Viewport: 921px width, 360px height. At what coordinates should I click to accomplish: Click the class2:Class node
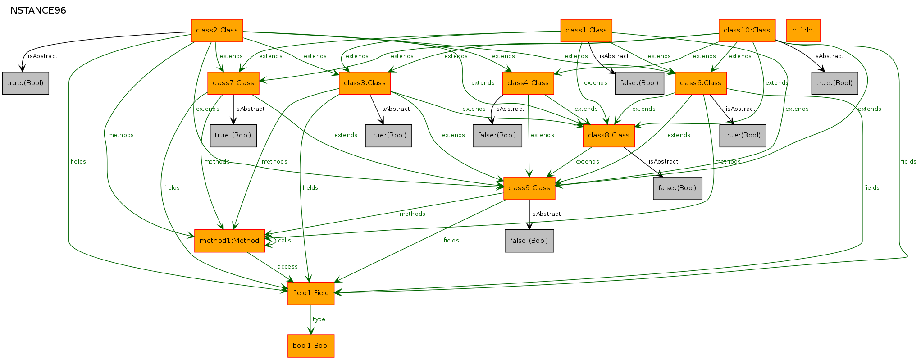217,31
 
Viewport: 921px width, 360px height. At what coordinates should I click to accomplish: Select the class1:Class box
586,31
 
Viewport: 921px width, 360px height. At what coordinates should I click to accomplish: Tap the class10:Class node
747,31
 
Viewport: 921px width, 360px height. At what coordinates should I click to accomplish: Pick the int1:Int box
803,31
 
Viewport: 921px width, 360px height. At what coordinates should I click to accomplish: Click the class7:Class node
233,83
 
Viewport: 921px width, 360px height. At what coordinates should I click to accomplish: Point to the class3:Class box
365,83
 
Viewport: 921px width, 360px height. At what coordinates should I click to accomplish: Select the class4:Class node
528,83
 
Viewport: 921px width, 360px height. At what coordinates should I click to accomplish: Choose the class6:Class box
701,83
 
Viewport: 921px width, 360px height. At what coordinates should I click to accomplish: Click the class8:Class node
609,136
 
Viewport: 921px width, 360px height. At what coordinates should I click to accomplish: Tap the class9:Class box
529,188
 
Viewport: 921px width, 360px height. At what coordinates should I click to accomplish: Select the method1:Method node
229,241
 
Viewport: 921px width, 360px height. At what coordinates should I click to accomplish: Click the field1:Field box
311,293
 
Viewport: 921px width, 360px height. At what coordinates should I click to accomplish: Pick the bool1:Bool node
311,346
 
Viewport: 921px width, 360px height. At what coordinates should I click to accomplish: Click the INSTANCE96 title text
37,10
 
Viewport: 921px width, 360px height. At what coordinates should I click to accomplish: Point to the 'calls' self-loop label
284,241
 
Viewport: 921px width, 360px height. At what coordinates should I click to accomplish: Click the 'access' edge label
287,267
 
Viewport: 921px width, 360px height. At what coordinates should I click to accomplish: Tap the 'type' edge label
319,319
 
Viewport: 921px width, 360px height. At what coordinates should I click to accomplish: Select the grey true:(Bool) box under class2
26,83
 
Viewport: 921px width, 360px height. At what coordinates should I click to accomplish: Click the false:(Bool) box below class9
529,241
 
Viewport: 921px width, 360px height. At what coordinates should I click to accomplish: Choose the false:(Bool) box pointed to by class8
677,188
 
